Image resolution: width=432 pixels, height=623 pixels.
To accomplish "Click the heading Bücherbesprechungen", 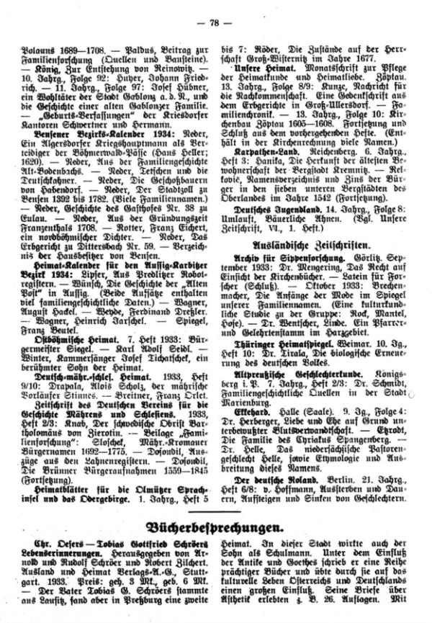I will point(216,542).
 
